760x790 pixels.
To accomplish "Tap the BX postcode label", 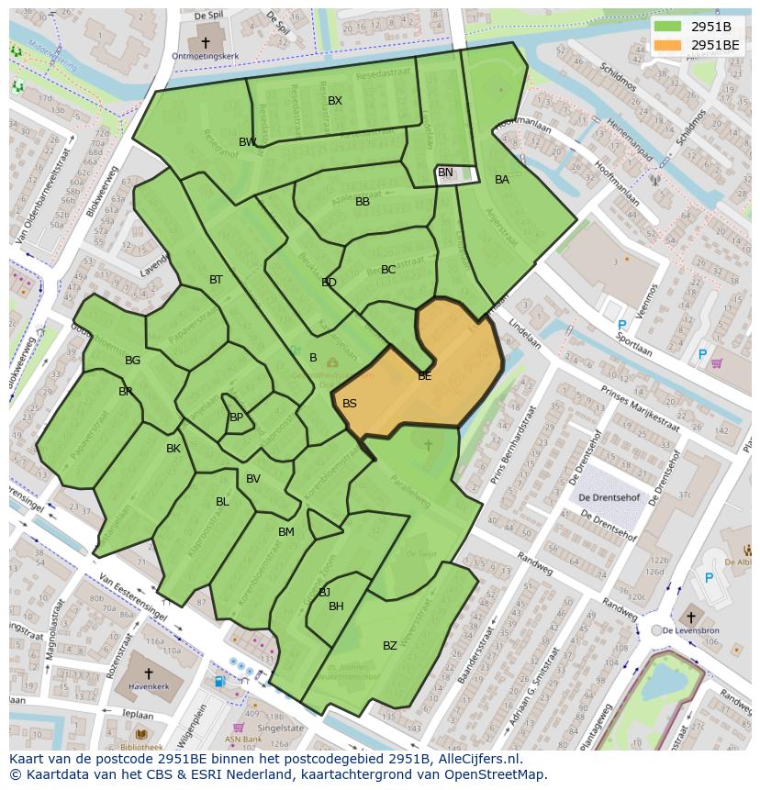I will click(x=335, y=101).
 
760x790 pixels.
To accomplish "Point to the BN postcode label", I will click(x=445, y=172).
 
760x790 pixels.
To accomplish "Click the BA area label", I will click(x=501, y=180).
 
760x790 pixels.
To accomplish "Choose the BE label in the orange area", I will click(x=425, y=376).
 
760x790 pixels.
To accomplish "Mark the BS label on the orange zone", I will click(x=350, y=404).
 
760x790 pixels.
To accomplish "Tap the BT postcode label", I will click(x=216, y=280).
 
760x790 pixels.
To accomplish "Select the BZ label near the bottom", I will click(x=390, y=646).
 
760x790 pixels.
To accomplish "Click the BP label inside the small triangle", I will click(x=236, y=417).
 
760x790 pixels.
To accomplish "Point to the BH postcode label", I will click(x=336, y=606).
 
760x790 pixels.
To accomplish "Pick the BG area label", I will click(x=133, y=361).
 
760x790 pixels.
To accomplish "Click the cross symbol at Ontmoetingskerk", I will click(x=206, y=42).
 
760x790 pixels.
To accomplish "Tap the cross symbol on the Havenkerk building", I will click(x=149, y=673).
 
